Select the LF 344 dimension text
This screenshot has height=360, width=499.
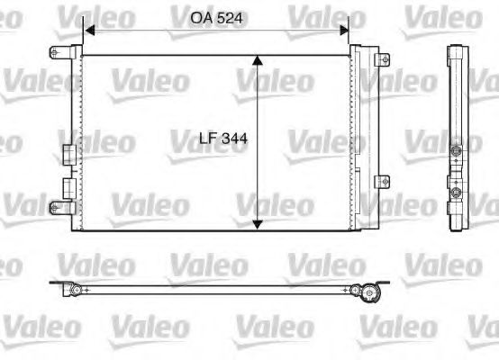click(x=215, y=140)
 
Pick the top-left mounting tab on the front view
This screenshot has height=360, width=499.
click(x=62, y=50)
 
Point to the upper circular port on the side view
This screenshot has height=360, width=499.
click(x=457, y=149)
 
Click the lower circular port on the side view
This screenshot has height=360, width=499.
click(x=457, y=192)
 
